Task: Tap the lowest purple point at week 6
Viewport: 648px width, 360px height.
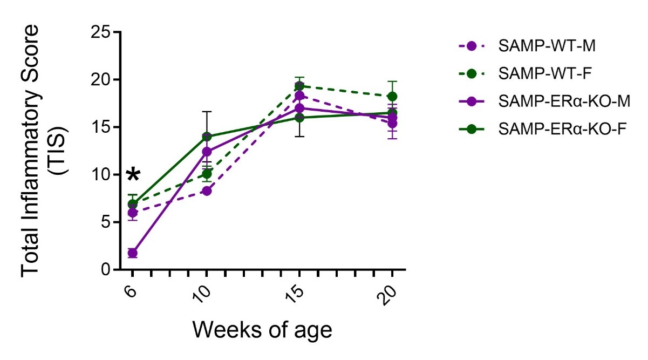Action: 132,253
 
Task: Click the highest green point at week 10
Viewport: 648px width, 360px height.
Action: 207,137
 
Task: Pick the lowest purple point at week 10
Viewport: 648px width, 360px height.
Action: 207,191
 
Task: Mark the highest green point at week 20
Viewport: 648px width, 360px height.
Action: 392,97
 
